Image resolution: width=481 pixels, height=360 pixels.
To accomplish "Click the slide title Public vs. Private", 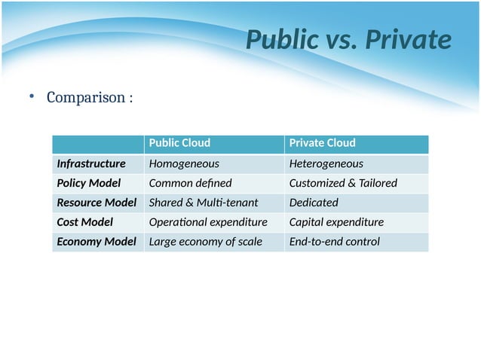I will [348, 40].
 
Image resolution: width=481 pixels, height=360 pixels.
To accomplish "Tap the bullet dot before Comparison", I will [32, 96].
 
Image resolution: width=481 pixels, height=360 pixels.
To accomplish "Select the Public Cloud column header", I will [179, 143].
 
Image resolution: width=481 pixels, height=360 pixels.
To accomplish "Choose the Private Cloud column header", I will [322, 143].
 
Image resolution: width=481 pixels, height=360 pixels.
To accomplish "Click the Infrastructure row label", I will [91, 163].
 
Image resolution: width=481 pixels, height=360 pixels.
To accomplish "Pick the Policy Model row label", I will [88, 183].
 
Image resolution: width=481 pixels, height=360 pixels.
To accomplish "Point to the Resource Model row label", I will [97, 203].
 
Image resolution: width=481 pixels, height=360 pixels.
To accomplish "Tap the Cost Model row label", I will [84, 222].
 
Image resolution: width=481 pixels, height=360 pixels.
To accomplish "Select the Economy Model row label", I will [97, 242].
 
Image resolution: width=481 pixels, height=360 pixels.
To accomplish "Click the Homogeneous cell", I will [184, 163].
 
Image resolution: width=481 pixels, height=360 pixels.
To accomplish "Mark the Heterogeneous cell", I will [326, 163].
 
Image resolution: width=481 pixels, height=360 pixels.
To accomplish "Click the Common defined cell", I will [190, 183].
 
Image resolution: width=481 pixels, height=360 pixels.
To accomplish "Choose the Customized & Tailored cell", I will [343, 183].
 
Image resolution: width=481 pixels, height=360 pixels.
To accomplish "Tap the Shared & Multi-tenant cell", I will [204, 203].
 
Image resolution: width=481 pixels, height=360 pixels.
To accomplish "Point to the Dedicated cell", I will [314, 203].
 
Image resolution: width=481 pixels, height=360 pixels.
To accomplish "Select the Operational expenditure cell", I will [208, 222].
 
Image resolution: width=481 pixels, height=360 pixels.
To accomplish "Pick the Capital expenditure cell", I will [336, 222].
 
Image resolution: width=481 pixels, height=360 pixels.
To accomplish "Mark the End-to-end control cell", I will [334, 242].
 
